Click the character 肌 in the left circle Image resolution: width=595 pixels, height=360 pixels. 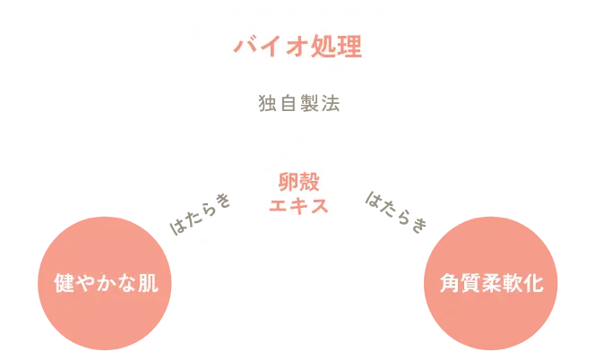coord(148,285)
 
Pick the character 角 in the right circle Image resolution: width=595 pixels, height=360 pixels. coord(449,285)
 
